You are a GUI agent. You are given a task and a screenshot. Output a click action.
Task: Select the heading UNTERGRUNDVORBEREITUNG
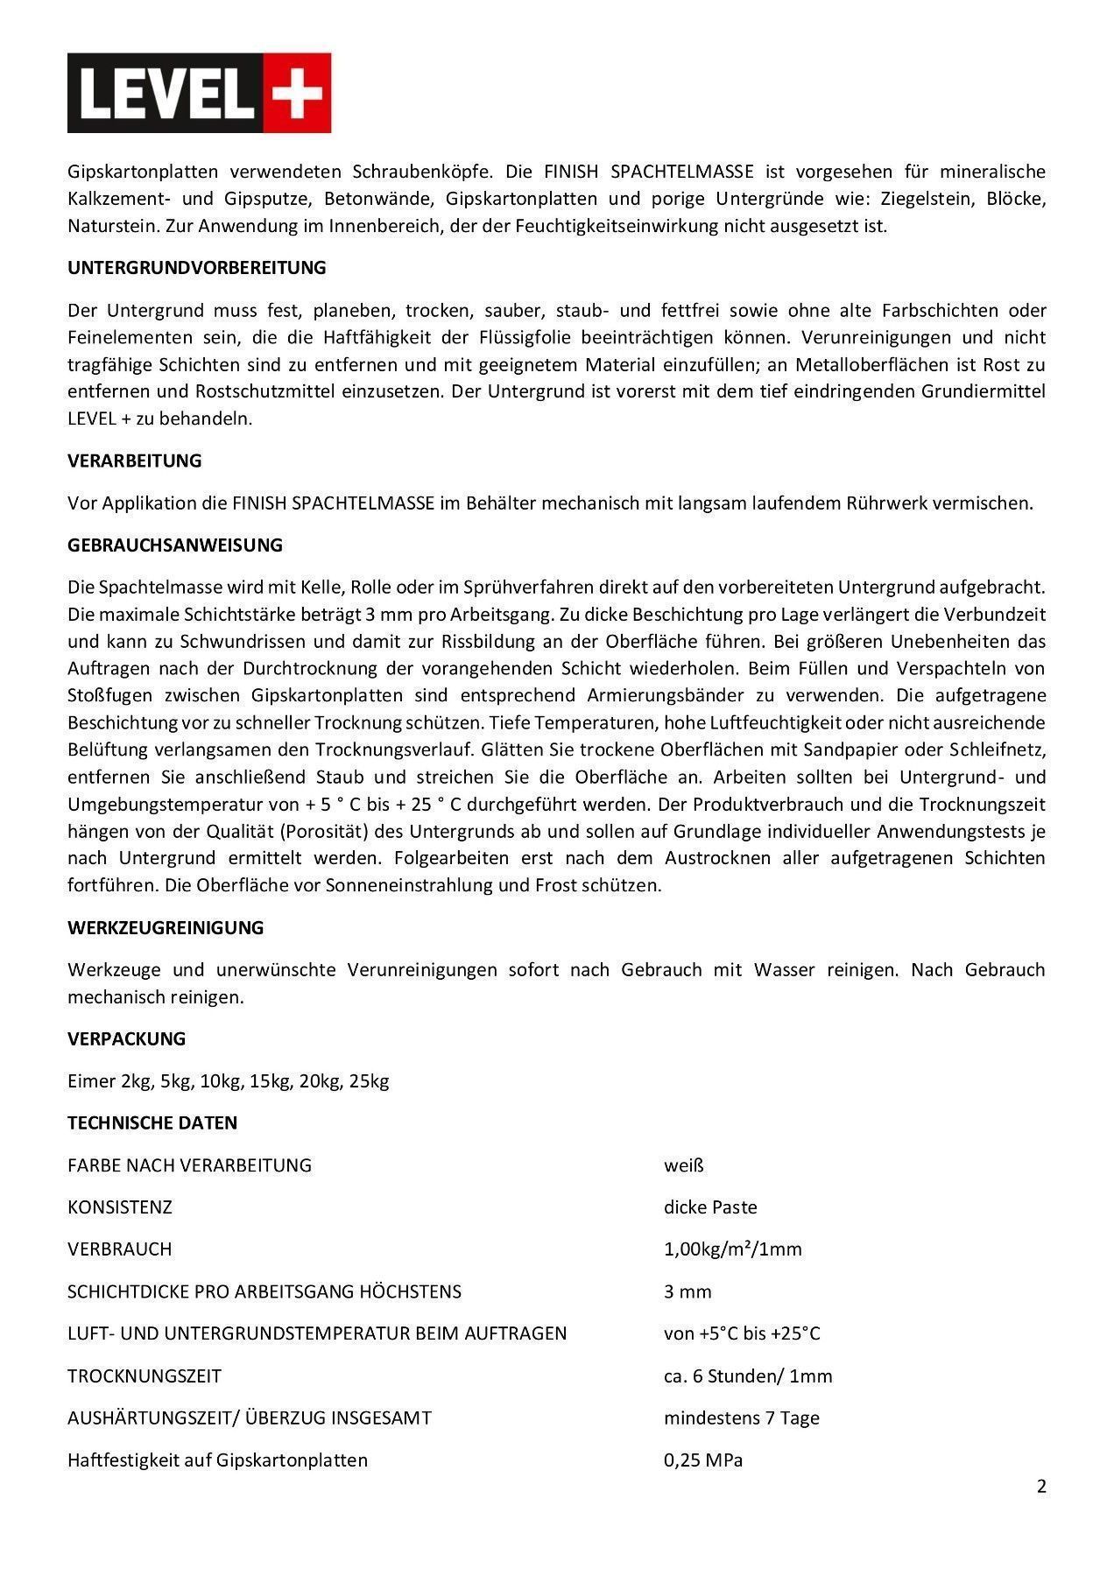tap(196, 268)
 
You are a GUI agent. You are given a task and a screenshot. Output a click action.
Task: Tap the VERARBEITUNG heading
tap(134, 461)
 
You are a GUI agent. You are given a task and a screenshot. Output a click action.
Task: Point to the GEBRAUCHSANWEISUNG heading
tap(175, 545)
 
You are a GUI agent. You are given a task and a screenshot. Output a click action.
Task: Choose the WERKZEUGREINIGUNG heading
tap(166, 927)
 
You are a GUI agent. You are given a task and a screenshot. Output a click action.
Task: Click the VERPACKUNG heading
tap(126, 1038)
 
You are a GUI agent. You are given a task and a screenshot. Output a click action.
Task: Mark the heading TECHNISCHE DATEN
tap(152, 1122)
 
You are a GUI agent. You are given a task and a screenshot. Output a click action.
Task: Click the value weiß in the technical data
tap(683, 1165)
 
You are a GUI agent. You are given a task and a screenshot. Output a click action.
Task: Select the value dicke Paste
tap(709, 1207)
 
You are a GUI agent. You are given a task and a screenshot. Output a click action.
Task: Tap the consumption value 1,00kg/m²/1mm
tap(732, 1249)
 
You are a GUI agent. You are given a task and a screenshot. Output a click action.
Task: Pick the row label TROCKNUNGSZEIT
tap(145, 1375)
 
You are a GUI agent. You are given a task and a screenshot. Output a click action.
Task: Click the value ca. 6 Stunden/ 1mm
tap(747, 1375)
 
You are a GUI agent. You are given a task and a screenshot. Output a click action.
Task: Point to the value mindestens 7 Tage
tap(741, 1418)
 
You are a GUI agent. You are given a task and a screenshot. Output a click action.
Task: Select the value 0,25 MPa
tap(702, 1460)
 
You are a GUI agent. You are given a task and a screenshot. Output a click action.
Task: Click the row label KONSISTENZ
tap(120, 1207)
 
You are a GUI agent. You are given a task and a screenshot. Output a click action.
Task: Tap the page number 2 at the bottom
tap(1041, 1486)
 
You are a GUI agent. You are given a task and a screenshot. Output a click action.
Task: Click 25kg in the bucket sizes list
tap(369, 1080)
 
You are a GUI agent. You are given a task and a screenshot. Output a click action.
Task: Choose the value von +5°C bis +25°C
tap(741, 1333)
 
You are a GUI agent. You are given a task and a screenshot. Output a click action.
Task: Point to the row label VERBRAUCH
tap(120, 1249)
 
